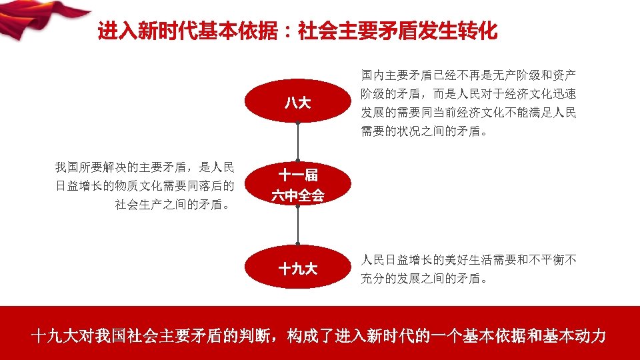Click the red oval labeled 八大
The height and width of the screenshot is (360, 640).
click(298, 103)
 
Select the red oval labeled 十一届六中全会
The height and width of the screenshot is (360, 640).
click(298, 185)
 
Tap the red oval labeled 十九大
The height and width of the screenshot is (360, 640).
click(298, 269)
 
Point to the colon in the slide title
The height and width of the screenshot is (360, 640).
click(288, 31)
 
